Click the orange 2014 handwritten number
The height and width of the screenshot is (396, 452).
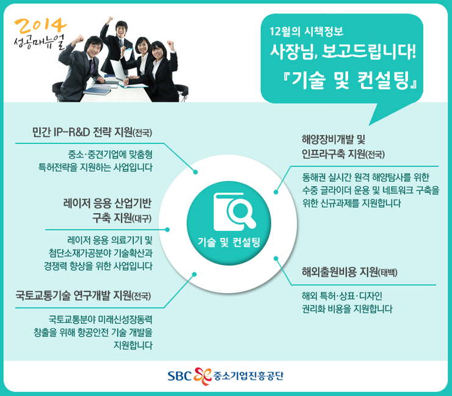pos(40,26)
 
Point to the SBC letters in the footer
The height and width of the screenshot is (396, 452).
pos(180,376)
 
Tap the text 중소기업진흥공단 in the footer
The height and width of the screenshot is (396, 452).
pos(249,375)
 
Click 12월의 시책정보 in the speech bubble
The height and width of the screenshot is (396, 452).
pos(307,31)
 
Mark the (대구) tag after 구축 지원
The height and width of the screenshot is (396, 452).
pos(142,219)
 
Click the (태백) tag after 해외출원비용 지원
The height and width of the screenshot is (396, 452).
pos(388,272)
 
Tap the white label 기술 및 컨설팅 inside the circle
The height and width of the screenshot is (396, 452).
pos(229,242)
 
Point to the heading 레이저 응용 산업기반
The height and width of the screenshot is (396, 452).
pos(108,203)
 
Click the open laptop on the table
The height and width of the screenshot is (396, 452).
pos(118,70)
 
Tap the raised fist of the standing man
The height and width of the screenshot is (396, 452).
pos(109,20)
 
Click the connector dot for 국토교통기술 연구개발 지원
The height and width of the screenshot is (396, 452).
pos(194,274)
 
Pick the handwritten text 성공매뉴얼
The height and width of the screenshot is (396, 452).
pos(40,42)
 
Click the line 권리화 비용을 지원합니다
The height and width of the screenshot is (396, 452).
pos(347,308)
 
